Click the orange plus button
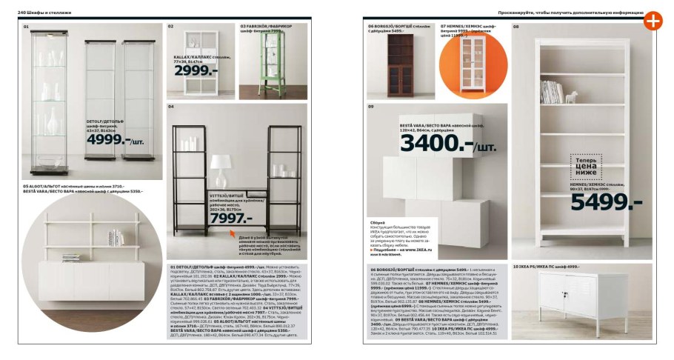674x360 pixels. (x=652, y=21)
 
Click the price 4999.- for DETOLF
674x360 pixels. (x=108, y=139)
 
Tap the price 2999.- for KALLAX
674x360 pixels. (x=196, y=70)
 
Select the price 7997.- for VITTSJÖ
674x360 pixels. (x=230, y=218)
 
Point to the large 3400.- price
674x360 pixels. (x=437, y=141)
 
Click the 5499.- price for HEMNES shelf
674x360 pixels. (x=601, y=201)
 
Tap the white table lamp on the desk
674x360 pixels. (x=221, y=171)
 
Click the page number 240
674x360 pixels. (x=22, y=13)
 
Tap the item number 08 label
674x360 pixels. (x=516, y=27)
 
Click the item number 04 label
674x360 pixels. (x=170, y=107)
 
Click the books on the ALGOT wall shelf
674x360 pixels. (x=116, y=238)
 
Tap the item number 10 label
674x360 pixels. (x=515, y=265)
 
